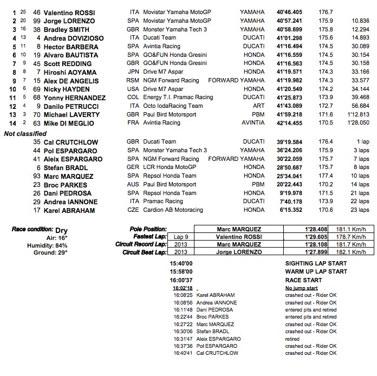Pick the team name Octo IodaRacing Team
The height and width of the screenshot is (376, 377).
173,106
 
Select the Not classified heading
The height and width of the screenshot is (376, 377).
26,133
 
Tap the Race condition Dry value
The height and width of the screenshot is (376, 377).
62,229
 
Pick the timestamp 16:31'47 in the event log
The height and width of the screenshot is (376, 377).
184,339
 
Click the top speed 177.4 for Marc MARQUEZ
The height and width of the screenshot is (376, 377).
326,176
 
